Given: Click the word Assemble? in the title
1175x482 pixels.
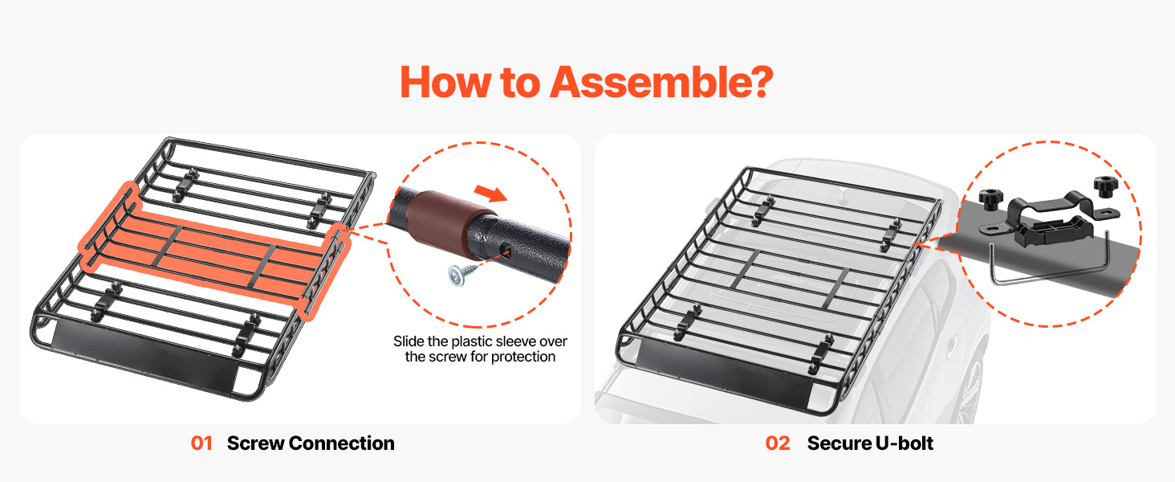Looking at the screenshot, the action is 661,83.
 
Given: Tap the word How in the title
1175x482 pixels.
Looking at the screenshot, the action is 445,83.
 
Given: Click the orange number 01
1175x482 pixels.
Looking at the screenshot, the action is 201,443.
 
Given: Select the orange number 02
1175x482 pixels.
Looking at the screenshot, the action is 778,443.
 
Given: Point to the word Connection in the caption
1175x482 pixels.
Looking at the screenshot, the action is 341,443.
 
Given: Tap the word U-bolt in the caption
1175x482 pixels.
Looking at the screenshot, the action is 904,443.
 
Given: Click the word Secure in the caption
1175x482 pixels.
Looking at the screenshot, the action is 839,443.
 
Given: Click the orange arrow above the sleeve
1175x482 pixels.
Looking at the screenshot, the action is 490,193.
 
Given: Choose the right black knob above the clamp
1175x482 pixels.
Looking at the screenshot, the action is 1106,186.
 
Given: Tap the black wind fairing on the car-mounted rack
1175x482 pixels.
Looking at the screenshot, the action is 725,373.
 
